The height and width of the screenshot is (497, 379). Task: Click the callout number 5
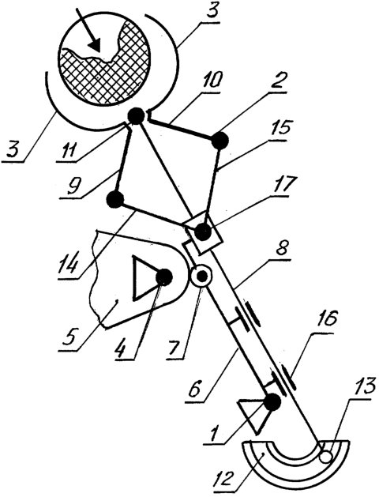pyautogui.click(x=69, y=338)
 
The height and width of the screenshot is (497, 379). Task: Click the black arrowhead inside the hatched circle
pyautogui.click(x=96, y=46)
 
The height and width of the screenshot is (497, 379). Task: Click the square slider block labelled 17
pyautogui.click(x=203, y=232)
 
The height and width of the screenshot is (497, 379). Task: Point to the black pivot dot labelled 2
pyautogui.click(x=220, y=140)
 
